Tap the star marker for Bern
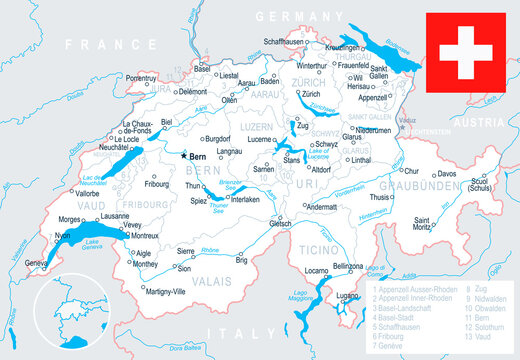click(x=182, y=157)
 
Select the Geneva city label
click(x=37, y=263)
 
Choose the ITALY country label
click(x=246, y=333)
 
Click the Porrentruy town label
click(x=139, y=76)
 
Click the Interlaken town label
click(x=245, y=199)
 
